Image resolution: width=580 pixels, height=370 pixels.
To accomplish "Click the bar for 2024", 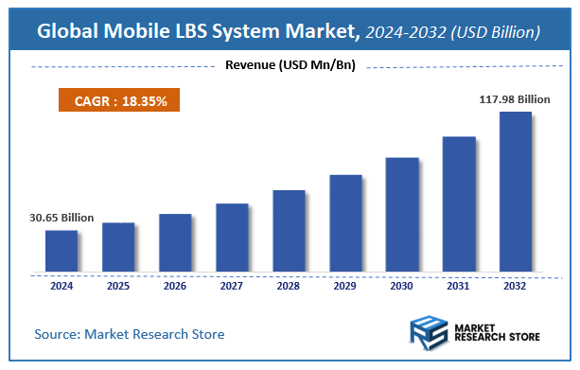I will coord(62,251).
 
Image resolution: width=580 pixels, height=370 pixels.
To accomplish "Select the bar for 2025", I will coord(118,247).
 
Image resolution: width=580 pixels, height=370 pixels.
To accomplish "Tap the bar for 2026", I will coord(175,242).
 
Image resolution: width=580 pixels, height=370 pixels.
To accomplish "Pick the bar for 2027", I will coord(232,238).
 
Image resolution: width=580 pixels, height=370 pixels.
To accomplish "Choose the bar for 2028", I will coord(289,231).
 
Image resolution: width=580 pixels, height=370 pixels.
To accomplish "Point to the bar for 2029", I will coord(345,223).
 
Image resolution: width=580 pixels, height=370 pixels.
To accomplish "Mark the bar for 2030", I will coord(402,215).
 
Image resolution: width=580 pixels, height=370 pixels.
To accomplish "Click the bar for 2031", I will coord(459,204).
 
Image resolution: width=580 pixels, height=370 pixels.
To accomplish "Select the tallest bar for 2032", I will coord(516,192).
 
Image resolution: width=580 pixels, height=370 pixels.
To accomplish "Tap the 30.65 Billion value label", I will coord(62,218).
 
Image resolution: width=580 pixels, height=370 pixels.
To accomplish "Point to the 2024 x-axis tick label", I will coord(62,285).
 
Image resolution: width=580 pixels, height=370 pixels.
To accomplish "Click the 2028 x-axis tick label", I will coord(289,285).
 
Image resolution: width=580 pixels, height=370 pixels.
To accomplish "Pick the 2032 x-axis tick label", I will coord(516,285).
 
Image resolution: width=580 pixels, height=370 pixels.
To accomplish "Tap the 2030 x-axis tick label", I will coord(402,285).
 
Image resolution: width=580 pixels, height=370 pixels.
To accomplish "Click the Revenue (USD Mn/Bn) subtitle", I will coord(290,65).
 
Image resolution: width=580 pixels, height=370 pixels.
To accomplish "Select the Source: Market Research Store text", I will coord(130,334).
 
